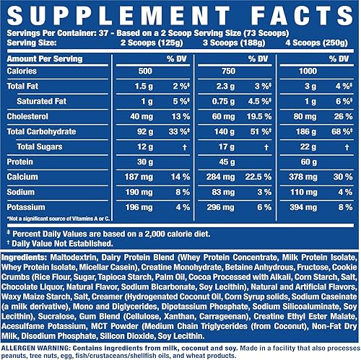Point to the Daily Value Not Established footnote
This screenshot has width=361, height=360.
(x=58, y=244)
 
